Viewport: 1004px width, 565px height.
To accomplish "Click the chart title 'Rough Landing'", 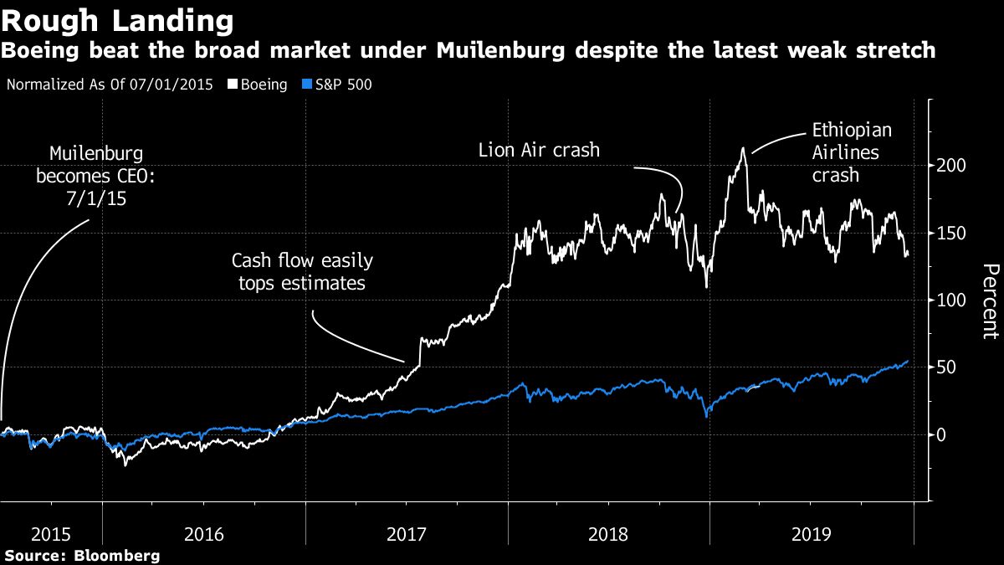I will pos(117,19).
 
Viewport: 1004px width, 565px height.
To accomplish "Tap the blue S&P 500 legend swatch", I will pos(307,85).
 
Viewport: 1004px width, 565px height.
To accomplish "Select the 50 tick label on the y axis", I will pos(945,367).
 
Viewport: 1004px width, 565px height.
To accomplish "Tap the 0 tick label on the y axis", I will pos(941,434).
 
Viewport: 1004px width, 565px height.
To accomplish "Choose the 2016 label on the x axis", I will pos(203,532).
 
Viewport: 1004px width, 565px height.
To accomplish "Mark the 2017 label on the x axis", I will pos(407,532).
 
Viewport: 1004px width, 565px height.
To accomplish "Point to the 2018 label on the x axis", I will pos(609,532).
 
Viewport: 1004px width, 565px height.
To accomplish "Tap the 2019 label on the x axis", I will pos(812,532).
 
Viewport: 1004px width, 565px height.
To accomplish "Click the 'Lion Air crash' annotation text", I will pos(539,151).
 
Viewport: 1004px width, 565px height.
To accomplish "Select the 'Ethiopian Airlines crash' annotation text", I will pos(852,154).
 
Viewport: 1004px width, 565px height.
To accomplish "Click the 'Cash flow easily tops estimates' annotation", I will pos(299,272).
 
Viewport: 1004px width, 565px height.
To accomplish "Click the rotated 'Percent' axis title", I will pos(990,300).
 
